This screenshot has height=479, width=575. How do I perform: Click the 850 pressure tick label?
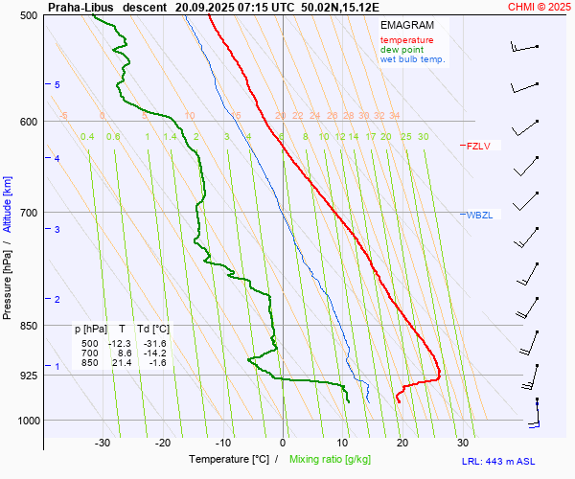[x=28, y=326]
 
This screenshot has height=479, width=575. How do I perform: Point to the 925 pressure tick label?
[x=28, y=375]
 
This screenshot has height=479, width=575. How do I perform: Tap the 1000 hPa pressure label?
[x=26, y=421]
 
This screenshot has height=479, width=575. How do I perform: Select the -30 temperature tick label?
[x=103, y=443]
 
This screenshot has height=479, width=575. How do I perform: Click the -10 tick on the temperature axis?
[x=223, y=443]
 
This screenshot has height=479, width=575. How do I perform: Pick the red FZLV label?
[x=478, y=147]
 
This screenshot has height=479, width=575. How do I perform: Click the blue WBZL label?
[x=479, y=215]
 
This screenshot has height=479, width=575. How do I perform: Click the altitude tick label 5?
[x=57, y=85]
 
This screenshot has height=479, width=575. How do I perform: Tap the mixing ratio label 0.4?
[x=87, y=137]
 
